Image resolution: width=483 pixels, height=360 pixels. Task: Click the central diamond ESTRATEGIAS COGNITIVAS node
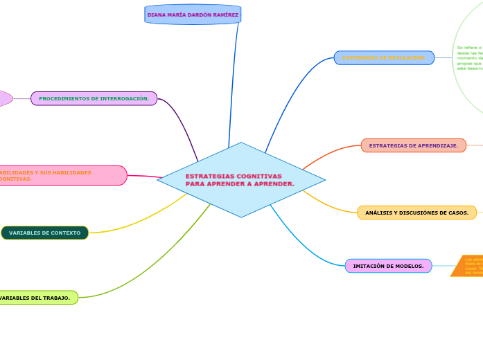241,180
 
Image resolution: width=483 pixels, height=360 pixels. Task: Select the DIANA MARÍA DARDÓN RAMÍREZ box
193,15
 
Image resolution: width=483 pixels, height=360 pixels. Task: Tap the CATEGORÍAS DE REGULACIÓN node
384,57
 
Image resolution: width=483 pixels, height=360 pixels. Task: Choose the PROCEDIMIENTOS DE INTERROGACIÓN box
94,98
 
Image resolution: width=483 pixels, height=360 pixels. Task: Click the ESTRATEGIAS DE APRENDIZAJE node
413,145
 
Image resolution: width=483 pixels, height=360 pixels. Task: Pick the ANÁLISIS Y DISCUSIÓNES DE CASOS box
416,213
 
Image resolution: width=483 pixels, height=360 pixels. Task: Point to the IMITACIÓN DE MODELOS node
388,266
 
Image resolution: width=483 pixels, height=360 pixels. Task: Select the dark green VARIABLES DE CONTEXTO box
45,233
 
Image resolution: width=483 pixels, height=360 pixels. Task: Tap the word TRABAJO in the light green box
55,298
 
